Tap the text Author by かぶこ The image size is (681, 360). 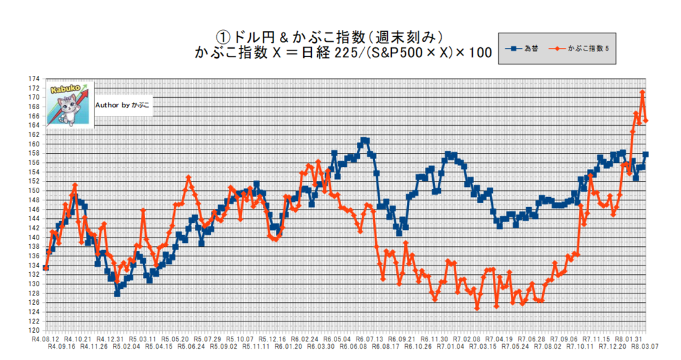pyautogui.click(x=123, y=105)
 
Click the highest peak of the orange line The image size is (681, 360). pyautogui.click(x=643, y=92)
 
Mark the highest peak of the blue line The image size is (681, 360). pyautogui.click(x=364, y=140)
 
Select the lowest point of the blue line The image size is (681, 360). pyautogui.click(x=117, y=293)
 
